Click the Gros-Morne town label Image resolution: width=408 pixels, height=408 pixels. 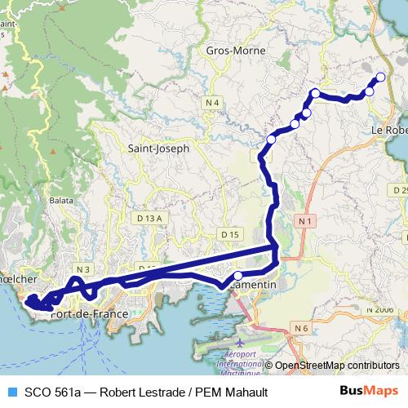pos(231,50)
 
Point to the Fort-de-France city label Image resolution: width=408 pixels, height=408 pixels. pos(89,313)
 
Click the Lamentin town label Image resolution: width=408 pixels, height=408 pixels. pos(254,285)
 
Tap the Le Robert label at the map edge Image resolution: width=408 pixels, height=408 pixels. pos(389,130)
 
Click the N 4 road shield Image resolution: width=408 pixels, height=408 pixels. pos(213,102)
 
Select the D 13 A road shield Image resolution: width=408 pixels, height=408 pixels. pos(150,219)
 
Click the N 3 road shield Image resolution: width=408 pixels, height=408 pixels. pos(82,268)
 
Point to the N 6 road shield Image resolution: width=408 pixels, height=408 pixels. pos(301,328)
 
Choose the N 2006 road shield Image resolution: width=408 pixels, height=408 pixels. pos(379,309)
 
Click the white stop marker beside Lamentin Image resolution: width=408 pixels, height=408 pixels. pos(238,276)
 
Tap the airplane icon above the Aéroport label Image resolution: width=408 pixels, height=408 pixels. pos(226,345)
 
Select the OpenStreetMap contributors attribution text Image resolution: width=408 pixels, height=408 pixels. pos(336,366)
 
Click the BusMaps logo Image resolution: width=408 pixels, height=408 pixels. pos(369,390)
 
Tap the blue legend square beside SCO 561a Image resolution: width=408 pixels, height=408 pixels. pos(11,390)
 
